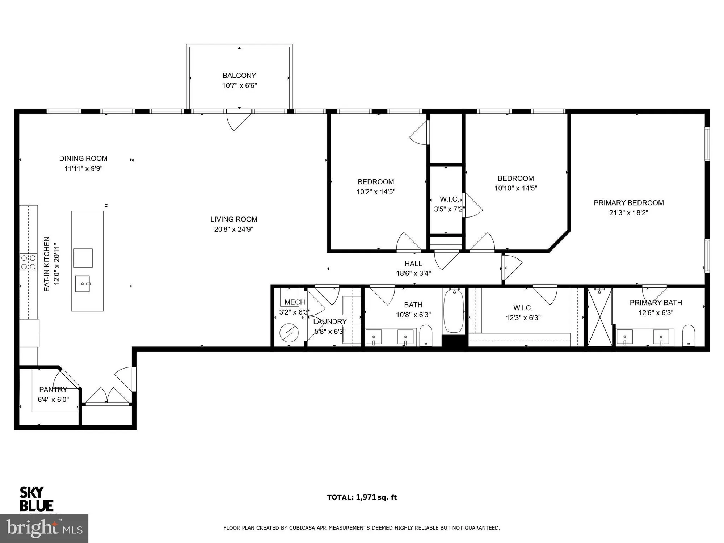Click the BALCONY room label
click(239, 76)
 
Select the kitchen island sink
click(83, 284)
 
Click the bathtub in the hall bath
click(453, 311)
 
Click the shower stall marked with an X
click(599, 317)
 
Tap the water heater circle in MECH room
click(289, 333)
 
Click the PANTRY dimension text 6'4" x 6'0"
click(53, 400)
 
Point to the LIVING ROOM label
click(234, 219)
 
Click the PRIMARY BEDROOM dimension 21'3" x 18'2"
click(628, 213)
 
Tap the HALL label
click(413, 264)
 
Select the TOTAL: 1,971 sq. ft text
click(362, 497)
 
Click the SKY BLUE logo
click(36, 499)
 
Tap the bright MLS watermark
click(44, 529)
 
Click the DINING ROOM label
click(83, 159)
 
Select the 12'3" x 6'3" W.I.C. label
click(523, 318)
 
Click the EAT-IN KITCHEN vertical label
click(47, 264)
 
